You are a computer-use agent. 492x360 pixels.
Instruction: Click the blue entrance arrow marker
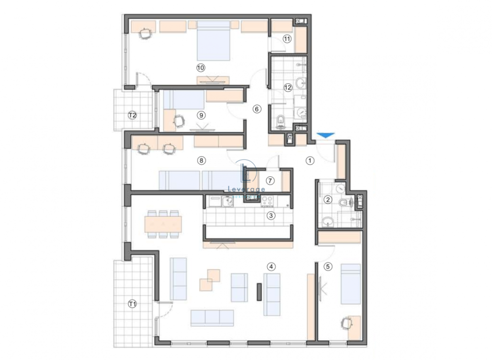coord(324,135)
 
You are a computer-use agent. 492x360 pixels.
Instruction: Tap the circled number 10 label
coord(200,67)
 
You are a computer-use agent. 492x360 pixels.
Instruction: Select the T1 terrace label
coord(132,304)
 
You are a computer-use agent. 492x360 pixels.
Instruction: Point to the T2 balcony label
coord(132,115)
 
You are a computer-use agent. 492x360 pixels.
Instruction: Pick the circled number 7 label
coord(270,180)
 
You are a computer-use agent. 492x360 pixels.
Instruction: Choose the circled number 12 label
coord(288,88)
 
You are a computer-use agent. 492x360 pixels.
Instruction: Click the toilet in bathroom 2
coord(349,201)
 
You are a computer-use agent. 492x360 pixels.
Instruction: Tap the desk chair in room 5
coord(346,324)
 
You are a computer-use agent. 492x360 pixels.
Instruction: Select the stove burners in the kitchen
coord(268,200)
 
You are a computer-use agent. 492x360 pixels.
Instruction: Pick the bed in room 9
coord(184,100)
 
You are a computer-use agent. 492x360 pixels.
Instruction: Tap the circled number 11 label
coord(287,38)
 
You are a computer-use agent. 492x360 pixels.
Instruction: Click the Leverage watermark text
coord(247,189)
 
